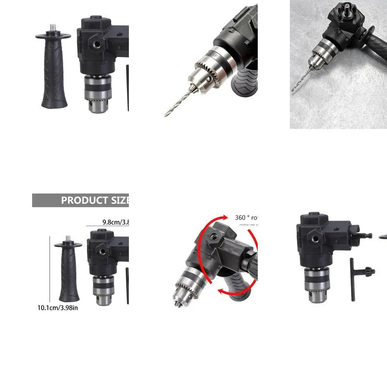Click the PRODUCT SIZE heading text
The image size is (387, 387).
(95, 200)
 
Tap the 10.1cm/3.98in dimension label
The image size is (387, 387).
(57, 308)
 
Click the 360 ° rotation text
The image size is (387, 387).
(246, 218)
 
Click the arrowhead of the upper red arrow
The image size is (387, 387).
(226, 217)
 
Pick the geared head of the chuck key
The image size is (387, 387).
(368, 271)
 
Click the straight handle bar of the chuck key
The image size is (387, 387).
(352, 280)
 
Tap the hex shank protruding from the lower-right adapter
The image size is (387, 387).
(365, 235)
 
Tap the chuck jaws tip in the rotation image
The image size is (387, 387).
(177, 303)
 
